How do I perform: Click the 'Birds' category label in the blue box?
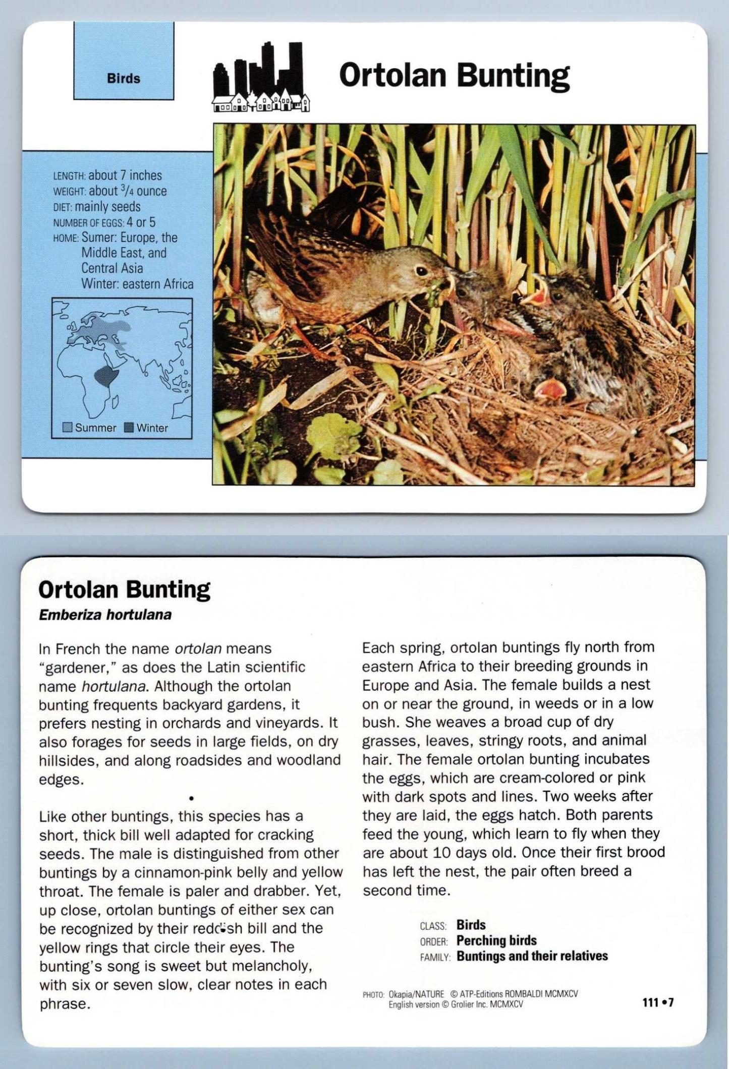click(123, 79)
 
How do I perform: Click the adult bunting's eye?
click(420, 271)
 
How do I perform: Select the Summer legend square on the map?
click(68, 428)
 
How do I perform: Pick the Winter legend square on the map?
click(129, 428)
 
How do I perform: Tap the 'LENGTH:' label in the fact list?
click(70, 176)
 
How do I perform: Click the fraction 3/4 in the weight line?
click(126, 191)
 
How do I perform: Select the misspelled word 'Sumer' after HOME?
click(99, 237)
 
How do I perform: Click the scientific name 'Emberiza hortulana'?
click(105, 615)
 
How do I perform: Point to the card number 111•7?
click(658, 1002)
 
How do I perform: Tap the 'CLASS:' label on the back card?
click(433, 926)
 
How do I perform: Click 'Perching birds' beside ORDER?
click(496, 940)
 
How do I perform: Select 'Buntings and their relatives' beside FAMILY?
click(532, 956)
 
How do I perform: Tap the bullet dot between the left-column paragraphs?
click(191, 798)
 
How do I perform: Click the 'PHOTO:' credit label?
click(373, 995)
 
